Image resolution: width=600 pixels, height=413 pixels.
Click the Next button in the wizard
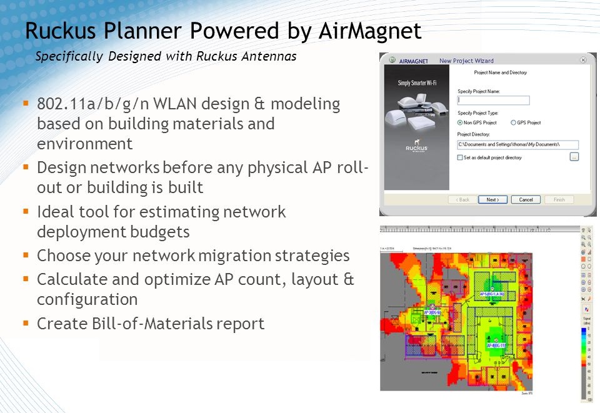(492, 200)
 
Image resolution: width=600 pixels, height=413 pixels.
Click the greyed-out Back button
(463, 200)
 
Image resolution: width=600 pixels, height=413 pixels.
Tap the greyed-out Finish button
(559, 200)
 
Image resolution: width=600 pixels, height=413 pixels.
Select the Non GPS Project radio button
(461, 123)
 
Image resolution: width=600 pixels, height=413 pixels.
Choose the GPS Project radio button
(514, 123)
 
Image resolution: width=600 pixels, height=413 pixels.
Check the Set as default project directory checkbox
(461, 157)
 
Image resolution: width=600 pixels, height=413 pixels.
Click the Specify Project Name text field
(493, 100)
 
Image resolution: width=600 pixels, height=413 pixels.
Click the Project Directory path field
(517, 145)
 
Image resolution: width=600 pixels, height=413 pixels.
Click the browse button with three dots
(574, 157)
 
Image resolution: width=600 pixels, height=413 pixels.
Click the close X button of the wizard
(583, 60)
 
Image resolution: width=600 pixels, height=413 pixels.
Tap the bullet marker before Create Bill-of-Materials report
(26, 323)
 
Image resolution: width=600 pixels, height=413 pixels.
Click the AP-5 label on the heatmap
(492, 294)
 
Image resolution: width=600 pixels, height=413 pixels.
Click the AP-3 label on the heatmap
(432, 312)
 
